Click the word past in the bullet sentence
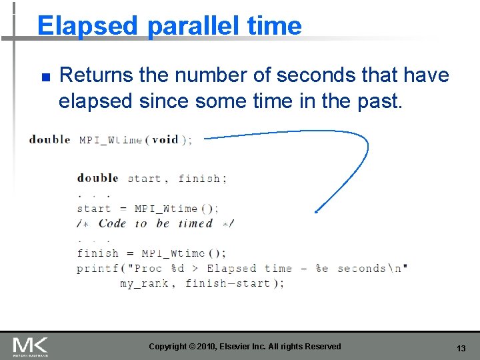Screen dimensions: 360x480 point(381,101)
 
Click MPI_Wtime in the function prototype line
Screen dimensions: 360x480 point(111,140)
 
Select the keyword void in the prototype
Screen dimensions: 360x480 point(165,140)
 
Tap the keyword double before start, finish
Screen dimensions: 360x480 point(97,178)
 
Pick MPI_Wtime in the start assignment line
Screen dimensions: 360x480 point(166,209)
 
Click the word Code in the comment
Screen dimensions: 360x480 point(112,223)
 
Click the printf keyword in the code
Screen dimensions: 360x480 point(97,269)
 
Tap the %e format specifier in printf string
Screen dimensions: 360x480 point(321,269)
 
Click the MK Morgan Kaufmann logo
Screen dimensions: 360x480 point(30,347)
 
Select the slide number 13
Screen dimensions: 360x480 point(461,348)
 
